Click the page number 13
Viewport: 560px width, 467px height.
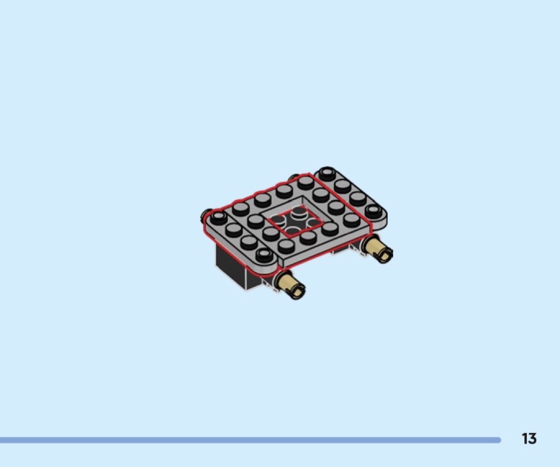tap(529, 438)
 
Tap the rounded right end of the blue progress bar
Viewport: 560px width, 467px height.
tap(498, 440)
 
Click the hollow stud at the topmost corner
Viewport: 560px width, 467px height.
tap(327, 173)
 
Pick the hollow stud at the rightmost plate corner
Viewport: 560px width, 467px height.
tap(373, 211)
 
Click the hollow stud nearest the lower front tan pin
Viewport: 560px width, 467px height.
tap(265, 255)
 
